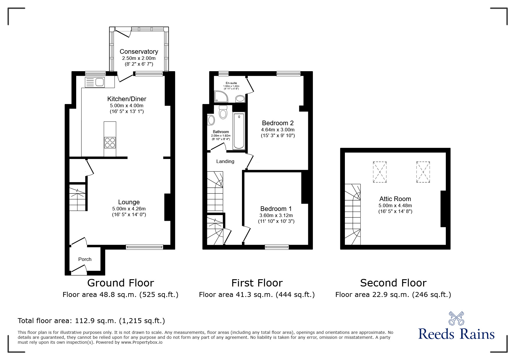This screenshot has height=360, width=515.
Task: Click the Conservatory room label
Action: coord(139,51)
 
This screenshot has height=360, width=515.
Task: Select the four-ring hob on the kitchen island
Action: coord(110,142)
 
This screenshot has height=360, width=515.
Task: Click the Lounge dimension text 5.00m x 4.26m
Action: coord(129,209)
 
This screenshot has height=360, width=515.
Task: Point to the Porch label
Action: coord(85,259)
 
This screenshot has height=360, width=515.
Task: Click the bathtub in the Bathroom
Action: coord(239,131)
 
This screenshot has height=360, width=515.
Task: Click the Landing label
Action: coord(225,161)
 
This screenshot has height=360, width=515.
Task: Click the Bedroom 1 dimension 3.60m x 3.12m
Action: coord(276,215)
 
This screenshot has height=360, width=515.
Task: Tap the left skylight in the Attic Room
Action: coord(379,172)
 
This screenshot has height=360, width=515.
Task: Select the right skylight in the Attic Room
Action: coord(423,172)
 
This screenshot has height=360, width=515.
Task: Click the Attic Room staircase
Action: coord(352,214)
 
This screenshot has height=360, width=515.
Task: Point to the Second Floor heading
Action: coord(393,283)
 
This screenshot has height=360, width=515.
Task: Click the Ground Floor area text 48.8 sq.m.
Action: coord(120,295)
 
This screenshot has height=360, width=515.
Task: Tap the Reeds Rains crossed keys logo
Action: coord(456,318)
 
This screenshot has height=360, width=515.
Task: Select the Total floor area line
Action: coord(91,321)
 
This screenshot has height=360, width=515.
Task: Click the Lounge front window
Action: coord(145,247)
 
